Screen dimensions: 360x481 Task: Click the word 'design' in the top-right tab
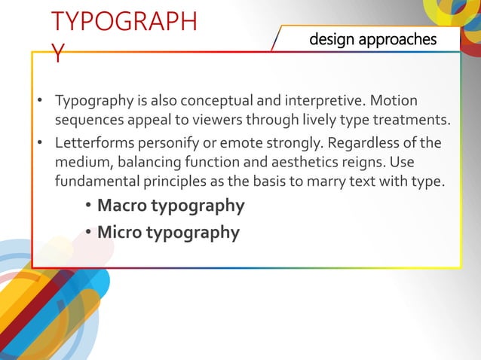331,39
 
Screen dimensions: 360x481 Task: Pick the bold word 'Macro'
123,206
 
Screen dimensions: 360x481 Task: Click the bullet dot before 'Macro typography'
89,206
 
